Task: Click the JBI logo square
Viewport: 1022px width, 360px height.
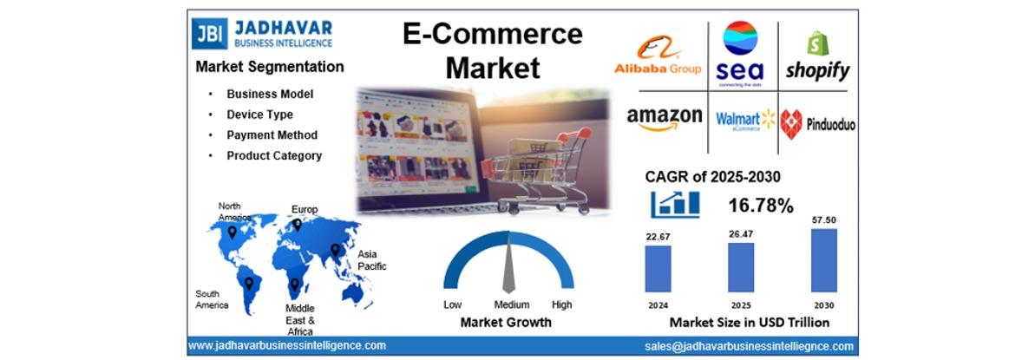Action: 209,33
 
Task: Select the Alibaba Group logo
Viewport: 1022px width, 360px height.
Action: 658,55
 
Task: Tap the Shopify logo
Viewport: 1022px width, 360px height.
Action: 817,56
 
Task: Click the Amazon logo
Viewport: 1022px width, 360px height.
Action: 665,120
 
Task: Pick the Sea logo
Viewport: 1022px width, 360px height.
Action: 740,54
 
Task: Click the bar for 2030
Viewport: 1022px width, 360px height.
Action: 824,260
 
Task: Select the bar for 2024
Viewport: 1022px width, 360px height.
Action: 658,269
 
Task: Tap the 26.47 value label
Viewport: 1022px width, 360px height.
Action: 740,234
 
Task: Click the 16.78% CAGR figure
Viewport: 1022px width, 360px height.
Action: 761,206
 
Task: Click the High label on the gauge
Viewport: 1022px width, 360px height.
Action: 561,304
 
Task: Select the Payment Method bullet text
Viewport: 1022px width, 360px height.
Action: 272,135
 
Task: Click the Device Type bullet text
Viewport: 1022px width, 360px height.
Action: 259,115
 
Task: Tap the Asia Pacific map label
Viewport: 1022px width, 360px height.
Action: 371,260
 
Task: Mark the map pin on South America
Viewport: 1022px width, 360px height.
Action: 248,284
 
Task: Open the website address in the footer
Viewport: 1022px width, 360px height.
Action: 287,345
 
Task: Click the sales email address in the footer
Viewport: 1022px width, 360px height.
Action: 749,346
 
